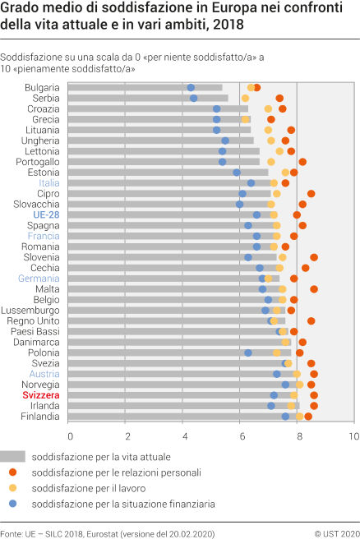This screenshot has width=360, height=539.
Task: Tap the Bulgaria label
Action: [x=42, y=87]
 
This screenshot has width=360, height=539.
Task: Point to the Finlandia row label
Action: [x=39, y=417]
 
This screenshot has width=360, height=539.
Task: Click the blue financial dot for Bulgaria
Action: [x=191, y=87]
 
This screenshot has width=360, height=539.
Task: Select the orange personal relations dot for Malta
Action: [x=314, y=289]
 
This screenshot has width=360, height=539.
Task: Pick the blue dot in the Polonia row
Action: [x=248, y=352]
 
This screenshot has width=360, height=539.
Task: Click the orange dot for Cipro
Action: [x=312, y=194]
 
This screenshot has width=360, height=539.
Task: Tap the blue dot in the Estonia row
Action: [x=237, y=173]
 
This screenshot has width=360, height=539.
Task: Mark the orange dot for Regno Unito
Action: [x=312, y=321]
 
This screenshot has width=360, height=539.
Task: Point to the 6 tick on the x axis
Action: [x=241, y=435]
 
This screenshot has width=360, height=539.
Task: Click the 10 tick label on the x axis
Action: [x=353, y=435]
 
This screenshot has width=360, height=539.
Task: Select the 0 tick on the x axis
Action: [x=71, y=435]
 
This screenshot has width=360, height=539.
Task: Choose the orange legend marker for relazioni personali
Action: [x=12, y=472]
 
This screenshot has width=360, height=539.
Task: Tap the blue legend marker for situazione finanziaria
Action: [x=12, y=503]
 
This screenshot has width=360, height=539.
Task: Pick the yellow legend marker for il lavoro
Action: [x=12, y=487]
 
